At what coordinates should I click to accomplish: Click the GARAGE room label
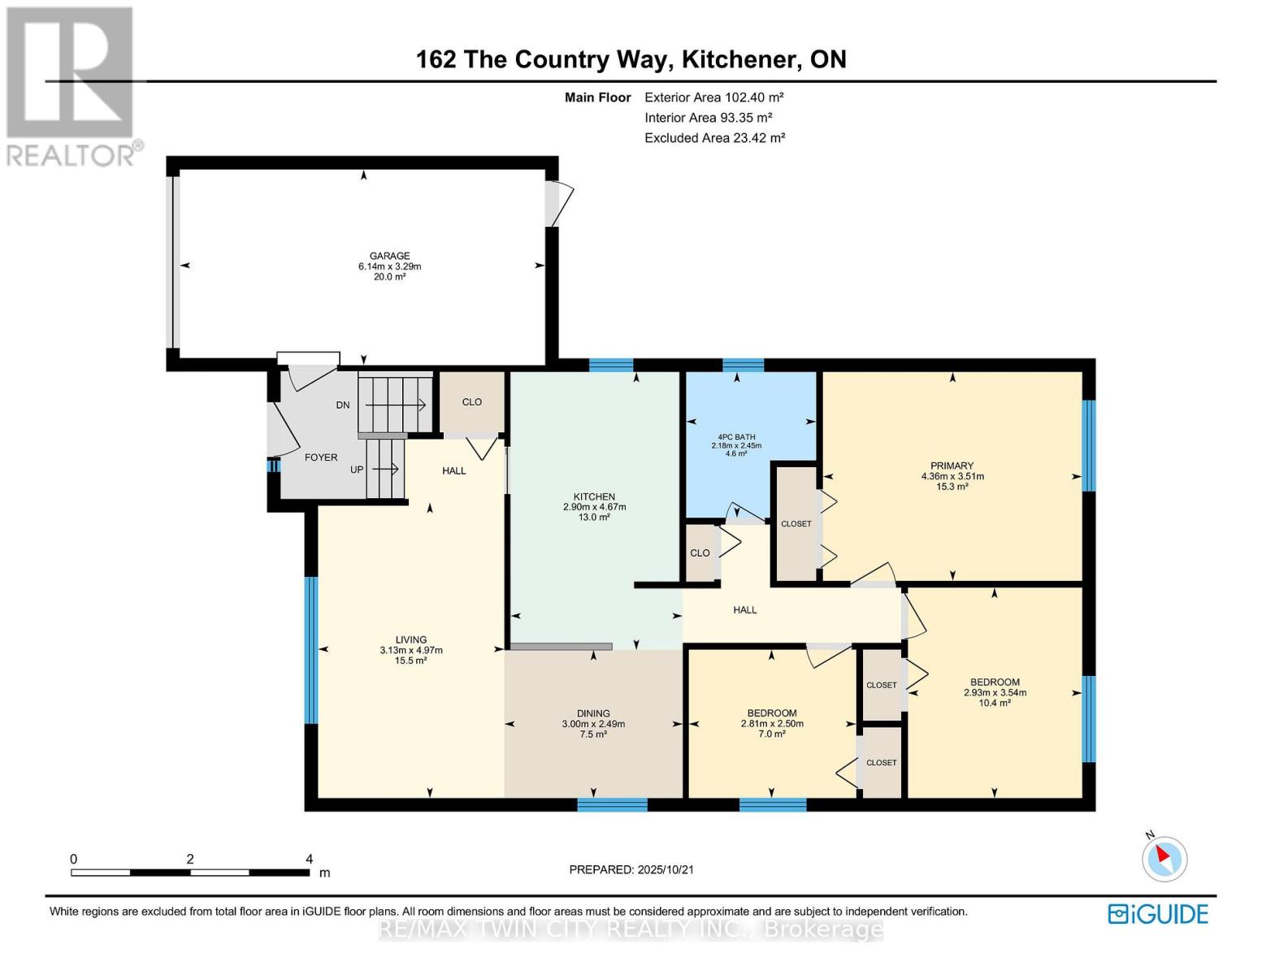point(390,255)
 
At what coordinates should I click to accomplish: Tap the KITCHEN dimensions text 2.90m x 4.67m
point(594,507)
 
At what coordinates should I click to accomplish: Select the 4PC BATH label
point(736,436)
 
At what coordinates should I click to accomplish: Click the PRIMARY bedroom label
point(952,465)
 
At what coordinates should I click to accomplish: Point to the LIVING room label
point(411,639)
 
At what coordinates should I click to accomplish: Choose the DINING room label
point(593,713)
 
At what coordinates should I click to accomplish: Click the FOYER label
point(321,457)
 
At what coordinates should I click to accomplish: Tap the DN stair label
point(343,405)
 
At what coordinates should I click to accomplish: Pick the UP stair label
point(357,469)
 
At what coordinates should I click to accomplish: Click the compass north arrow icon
point(1164,858)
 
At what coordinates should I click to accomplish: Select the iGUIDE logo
point(1158,914)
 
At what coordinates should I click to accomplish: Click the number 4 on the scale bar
point(309,858)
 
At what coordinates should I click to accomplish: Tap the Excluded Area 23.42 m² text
point(715,138)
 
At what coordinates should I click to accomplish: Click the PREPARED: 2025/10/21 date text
point(631,869)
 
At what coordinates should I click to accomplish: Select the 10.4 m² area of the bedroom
point(995,703)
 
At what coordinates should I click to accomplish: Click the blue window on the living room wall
point(312,650)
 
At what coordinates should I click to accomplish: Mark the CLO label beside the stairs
point(471,402)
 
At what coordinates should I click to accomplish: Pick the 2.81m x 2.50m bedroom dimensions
point(772,724)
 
